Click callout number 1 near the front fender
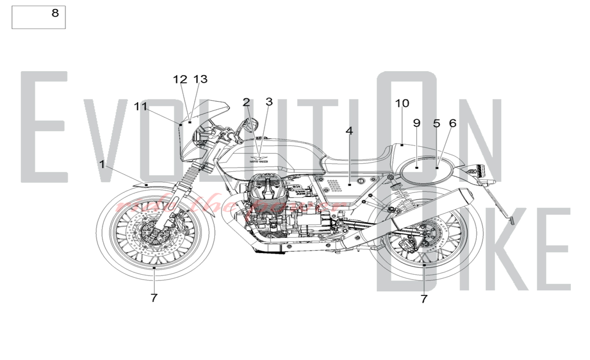pyautogui.click(x=102, y=164)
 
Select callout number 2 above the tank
pyautogui.click(x=246, y=102)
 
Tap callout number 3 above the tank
pyautogui.click(x=269, y=102)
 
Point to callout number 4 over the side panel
pyautogui.click(x=349, y=131)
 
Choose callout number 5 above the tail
pyautogui.click(x=437, y=123)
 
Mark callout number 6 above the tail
pyautogui.click(x=453, y=123)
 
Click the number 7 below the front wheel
pyautogui.click(x=154, y=298)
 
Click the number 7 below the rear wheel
pyautogui.click(x=424, y=299)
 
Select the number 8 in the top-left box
pyautogui.click(x=55, y=13)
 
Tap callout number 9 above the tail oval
pyautogui.click(x=417, y=123)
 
